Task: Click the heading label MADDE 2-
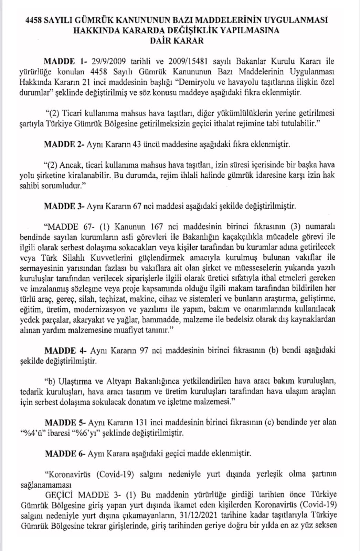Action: click(x=64, y=144)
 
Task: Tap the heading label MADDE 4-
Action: click(x=65, y=350)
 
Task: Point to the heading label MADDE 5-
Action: click(x=65, y=422)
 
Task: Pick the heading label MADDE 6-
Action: click(x=65, y=453)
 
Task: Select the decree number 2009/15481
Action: click(x=195, y=62)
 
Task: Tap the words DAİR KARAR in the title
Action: click(x=177, y=41)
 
